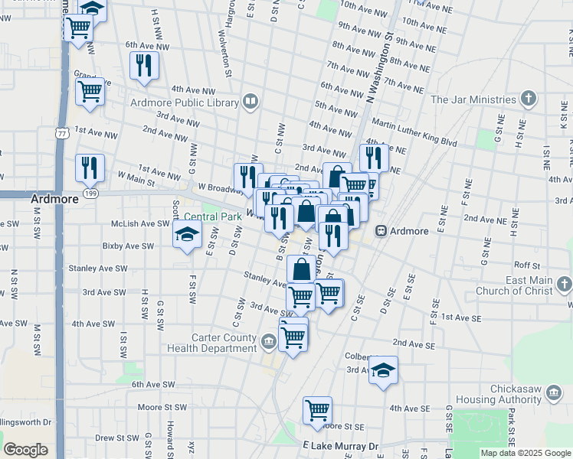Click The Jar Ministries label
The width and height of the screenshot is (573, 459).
click(473, 99)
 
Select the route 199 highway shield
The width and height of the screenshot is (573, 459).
click(91, 194)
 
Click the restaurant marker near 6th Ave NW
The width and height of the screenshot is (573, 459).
click(144, 66)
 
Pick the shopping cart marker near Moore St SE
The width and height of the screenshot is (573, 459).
click(317, 411)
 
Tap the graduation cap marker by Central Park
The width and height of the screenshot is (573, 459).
click(186, 236)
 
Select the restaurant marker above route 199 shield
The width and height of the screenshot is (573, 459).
click(90, 168)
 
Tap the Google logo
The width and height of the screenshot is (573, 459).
click(26, 450)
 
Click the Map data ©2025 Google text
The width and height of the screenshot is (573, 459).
click(525, 453)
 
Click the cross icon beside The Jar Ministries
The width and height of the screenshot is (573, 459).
click(528, 99)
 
